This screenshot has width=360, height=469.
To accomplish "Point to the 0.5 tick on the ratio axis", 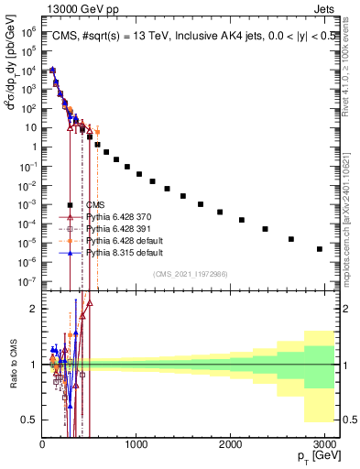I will [30, 419].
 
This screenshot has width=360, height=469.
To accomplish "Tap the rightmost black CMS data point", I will [319, 248].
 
